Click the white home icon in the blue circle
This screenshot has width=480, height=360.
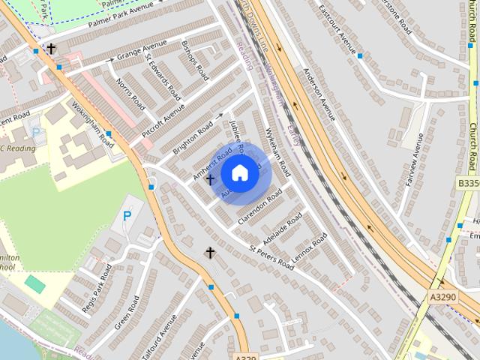(x=240, y=173)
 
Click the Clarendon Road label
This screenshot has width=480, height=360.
(x=259, y=207)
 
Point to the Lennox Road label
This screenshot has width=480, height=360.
(x=309, y=247)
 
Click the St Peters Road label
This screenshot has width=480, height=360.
(x=271, y=255)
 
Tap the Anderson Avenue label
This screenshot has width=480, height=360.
(x=319, y=97)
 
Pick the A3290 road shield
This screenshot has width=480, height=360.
(x=442, y=298)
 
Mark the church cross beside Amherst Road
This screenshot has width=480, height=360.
(x=210, y=179)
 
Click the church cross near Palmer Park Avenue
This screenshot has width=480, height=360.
(x=51, y=49)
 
